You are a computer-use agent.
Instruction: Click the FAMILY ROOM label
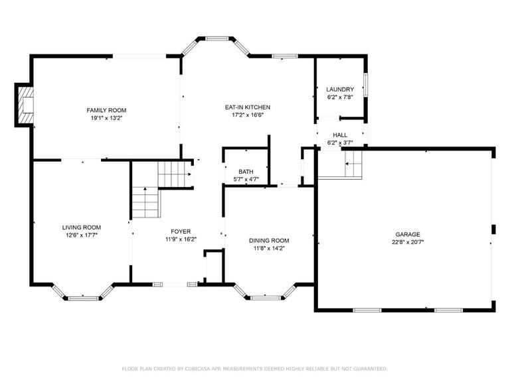pos(106,111)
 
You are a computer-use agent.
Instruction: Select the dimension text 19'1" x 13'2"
pos(106,118)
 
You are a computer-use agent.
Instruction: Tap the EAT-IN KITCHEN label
pos(248,107)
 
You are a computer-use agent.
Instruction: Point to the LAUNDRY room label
pos(340,90)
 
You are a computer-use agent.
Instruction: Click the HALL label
pos(340,135)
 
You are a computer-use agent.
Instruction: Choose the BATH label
pos(246,172)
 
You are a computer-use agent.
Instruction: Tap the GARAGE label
pos(408,234)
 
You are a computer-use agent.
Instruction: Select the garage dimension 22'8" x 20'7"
pos(408,242)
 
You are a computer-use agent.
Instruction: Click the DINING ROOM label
pos(269,241)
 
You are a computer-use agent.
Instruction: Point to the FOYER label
pos(181,231)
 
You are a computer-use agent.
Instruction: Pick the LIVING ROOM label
pos(82,227)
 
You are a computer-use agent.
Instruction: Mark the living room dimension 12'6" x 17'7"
pos(82,235)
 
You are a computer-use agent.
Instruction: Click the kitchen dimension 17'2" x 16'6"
pos(248,115)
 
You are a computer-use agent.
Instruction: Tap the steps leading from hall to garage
pos(353,163)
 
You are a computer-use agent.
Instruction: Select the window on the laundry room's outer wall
pos(365,85)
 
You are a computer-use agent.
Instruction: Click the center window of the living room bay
pos(83,298)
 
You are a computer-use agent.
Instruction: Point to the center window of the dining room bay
pos(266,297)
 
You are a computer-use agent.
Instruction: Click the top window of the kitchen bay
pos(218,38)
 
